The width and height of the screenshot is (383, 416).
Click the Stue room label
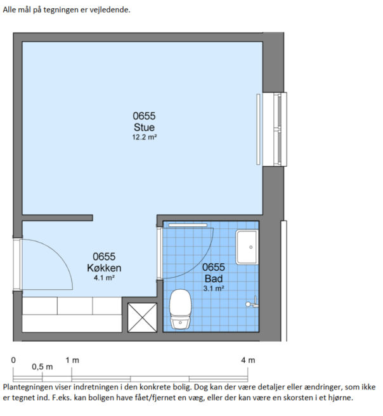pos(144,127)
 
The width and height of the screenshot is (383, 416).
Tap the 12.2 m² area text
pos(145,137)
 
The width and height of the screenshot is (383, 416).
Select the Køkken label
pos(104,268)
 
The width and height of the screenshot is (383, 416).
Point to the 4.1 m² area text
pos(104,278)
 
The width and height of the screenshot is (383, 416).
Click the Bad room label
pos(214,278)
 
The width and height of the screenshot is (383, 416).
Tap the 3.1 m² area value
pos(214,288)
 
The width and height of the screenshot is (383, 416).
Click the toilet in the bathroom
pos(180,309)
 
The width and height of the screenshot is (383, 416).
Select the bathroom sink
pos(247,247)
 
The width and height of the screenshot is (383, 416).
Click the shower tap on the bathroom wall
pos(252,302)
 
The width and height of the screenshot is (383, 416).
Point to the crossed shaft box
pos(142,317)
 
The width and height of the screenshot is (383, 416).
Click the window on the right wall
pos(275,129)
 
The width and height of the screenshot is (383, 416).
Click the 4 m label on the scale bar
pos(248,360)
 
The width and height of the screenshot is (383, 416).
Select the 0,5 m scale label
pos(42,367)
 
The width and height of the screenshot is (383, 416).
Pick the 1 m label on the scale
pos(72,360)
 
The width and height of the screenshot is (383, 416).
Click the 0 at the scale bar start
pos(13,360)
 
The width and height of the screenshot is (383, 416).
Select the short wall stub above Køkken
pos(57,218)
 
